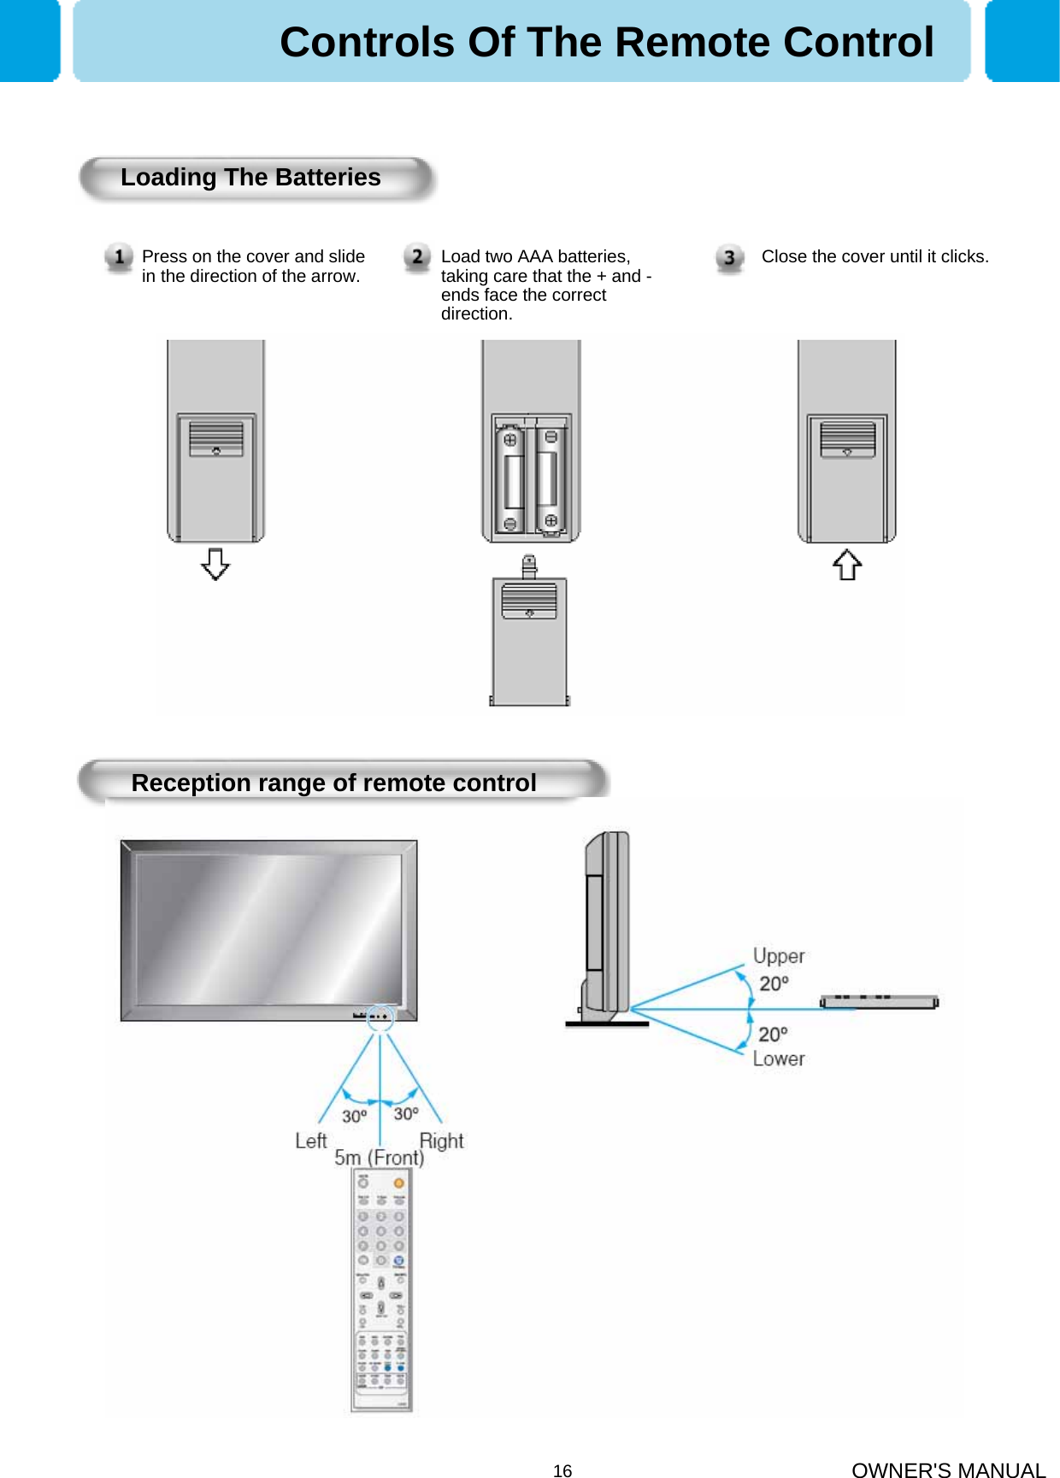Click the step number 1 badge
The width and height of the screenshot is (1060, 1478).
119,257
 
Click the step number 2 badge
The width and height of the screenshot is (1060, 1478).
417,257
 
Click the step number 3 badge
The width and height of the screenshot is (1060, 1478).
729,258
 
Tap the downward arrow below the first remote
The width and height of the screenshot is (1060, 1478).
215,564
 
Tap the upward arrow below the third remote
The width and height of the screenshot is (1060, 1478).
847,564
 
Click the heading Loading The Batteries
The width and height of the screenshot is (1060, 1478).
250,178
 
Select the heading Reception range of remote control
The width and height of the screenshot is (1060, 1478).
333,783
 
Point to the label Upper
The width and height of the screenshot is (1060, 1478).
779,956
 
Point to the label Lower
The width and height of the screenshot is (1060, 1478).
779,1059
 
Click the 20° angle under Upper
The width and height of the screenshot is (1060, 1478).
774,983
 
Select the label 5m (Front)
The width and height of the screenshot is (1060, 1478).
379,1158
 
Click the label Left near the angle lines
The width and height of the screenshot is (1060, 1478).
311,1141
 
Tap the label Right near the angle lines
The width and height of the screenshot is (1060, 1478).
441,1141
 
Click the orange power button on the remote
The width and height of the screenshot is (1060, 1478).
398,1183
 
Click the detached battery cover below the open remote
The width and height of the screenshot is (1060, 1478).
529,641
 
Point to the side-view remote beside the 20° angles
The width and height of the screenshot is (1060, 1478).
879,1001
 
